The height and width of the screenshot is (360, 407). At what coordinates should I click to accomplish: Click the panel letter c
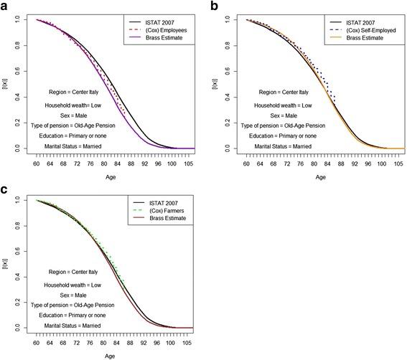[x=6, y=189]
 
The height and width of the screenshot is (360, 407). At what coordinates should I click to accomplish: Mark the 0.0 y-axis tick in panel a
[x=17, y=148]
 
